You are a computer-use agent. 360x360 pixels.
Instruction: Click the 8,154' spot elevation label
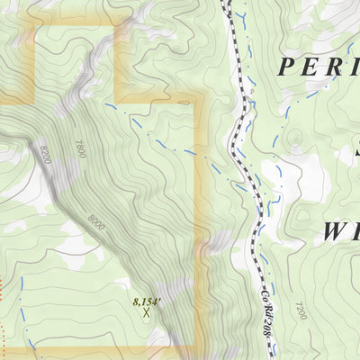point(145,302)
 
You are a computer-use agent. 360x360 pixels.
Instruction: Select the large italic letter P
point(286,67)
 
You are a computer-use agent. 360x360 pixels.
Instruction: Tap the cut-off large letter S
point(355,148)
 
